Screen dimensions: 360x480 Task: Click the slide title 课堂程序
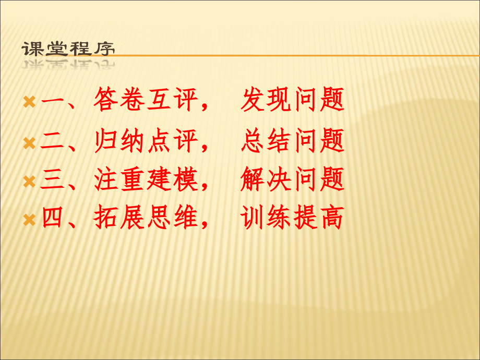[68, 49]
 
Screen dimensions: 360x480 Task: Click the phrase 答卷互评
[146, 100]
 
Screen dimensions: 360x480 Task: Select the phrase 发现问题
[292, 100]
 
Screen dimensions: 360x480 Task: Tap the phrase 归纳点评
[146, 141]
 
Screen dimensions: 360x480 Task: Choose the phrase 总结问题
[292, 141]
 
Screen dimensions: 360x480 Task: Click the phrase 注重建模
[146, 181]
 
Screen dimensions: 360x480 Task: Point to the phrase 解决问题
[292, 181]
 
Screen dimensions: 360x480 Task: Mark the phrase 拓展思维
[146, 219]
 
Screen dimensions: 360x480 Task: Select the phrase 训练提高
[292, 219]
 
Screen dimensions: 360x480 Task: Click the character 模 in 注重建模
[185, 181]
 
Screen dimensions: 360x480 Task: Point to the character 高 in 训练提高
[331, 219]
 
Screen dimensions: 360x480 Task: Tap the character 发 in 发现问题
[253, 100]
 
